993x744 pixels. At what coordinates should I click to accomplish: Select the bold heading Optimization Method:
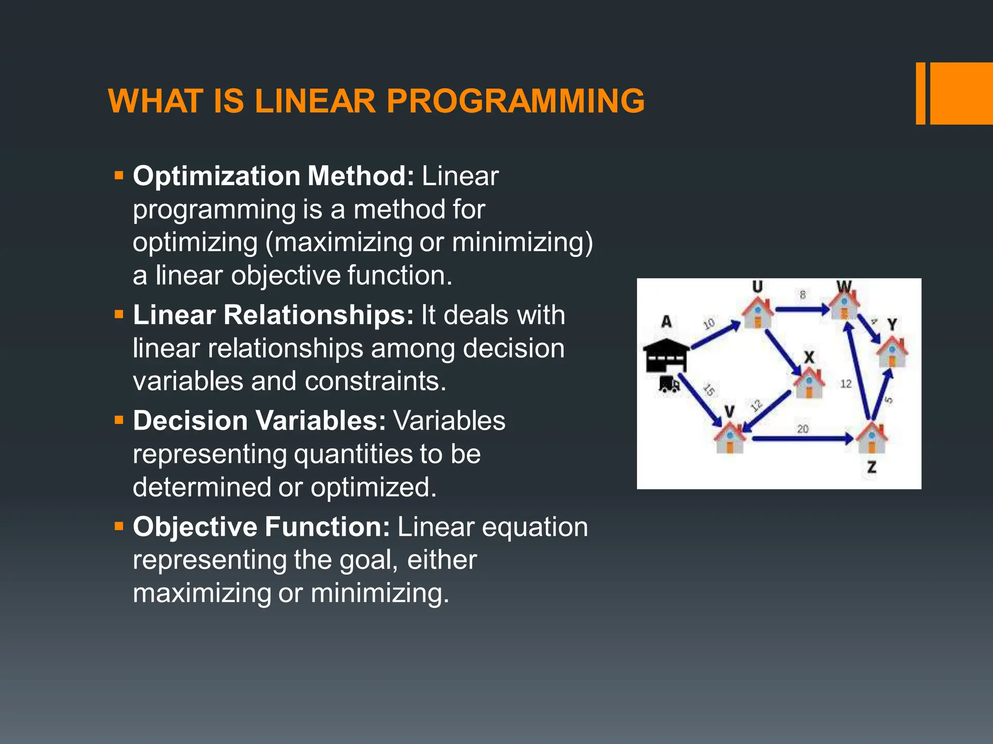point(273,176)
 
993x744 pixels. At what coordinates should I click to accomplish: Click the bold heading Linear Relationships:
point(273,315)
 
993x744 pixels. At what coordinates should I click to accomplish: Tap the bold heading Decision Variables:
point(259,420)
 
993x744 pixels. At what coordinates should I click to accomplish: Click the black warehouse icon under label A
point(666,356)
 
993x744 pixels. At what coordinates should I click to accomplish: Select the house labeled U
point(758,312)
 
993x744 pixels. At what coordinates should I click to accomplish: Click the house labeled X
point(809,383)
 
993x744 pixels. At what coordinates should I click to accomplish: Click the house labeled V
point(730,437)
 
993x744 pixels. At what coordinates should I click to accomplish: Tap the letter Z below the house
point(872,467)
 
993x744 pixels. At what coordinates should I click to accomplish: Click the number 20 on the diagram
point(803,429)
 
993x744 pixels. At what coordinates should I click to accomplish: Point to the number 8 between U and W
point(802,294)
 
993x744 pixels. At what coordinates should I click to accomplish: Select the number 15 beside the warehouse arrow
point(709,389)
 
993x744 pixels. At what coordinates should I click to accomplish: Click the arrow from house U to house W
point(802,309)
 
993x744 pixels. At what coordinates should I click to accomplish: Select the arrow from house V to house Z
point(802,439)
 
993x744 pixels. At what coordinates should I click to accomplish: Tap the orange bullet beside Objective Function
point(119,526)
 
